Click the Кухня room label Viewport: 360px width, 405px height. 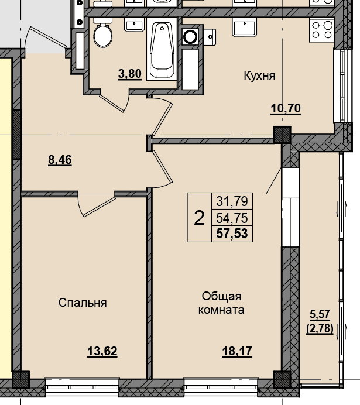coord(259,75)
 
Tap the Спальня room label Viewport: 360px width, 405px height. coord(83,303)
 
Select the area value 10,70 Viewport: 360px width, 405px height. coord(286,108)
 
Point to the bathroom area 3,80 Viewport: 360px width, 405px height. coord(129,74)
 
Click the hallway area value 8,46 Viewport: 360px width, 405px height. coord(60,160)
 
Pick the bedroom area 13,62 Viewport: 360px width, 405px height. coord(102,351)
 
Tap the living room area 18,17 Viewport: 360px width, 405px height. coord(237,351)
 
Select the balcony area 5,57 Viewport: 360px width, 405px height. coord(320,314)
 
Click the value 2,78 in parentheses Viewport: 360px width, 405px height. coord(320,328)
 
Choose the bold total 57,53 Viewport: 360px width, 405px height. coord(232,234)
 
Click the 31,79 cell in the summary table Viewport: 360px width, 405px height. coord(232,201)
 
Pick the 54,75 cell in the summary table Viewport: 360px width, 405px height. coord(232,218)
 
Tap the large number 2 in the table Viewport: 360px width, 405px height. coord(199,218)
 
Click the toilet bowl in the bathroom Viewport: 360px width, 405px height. coord(103,33)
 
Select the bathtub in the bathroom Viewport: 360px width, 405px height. coord(162,50)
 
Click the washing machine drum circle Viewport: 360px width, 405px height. coord(190,36)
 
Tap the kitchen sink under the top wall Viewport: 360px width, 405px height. coord(245,28)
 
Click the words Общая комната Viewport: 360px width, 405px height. coord(222,303)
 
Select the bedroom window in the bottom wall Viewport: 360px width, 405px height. coord(82,387)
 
